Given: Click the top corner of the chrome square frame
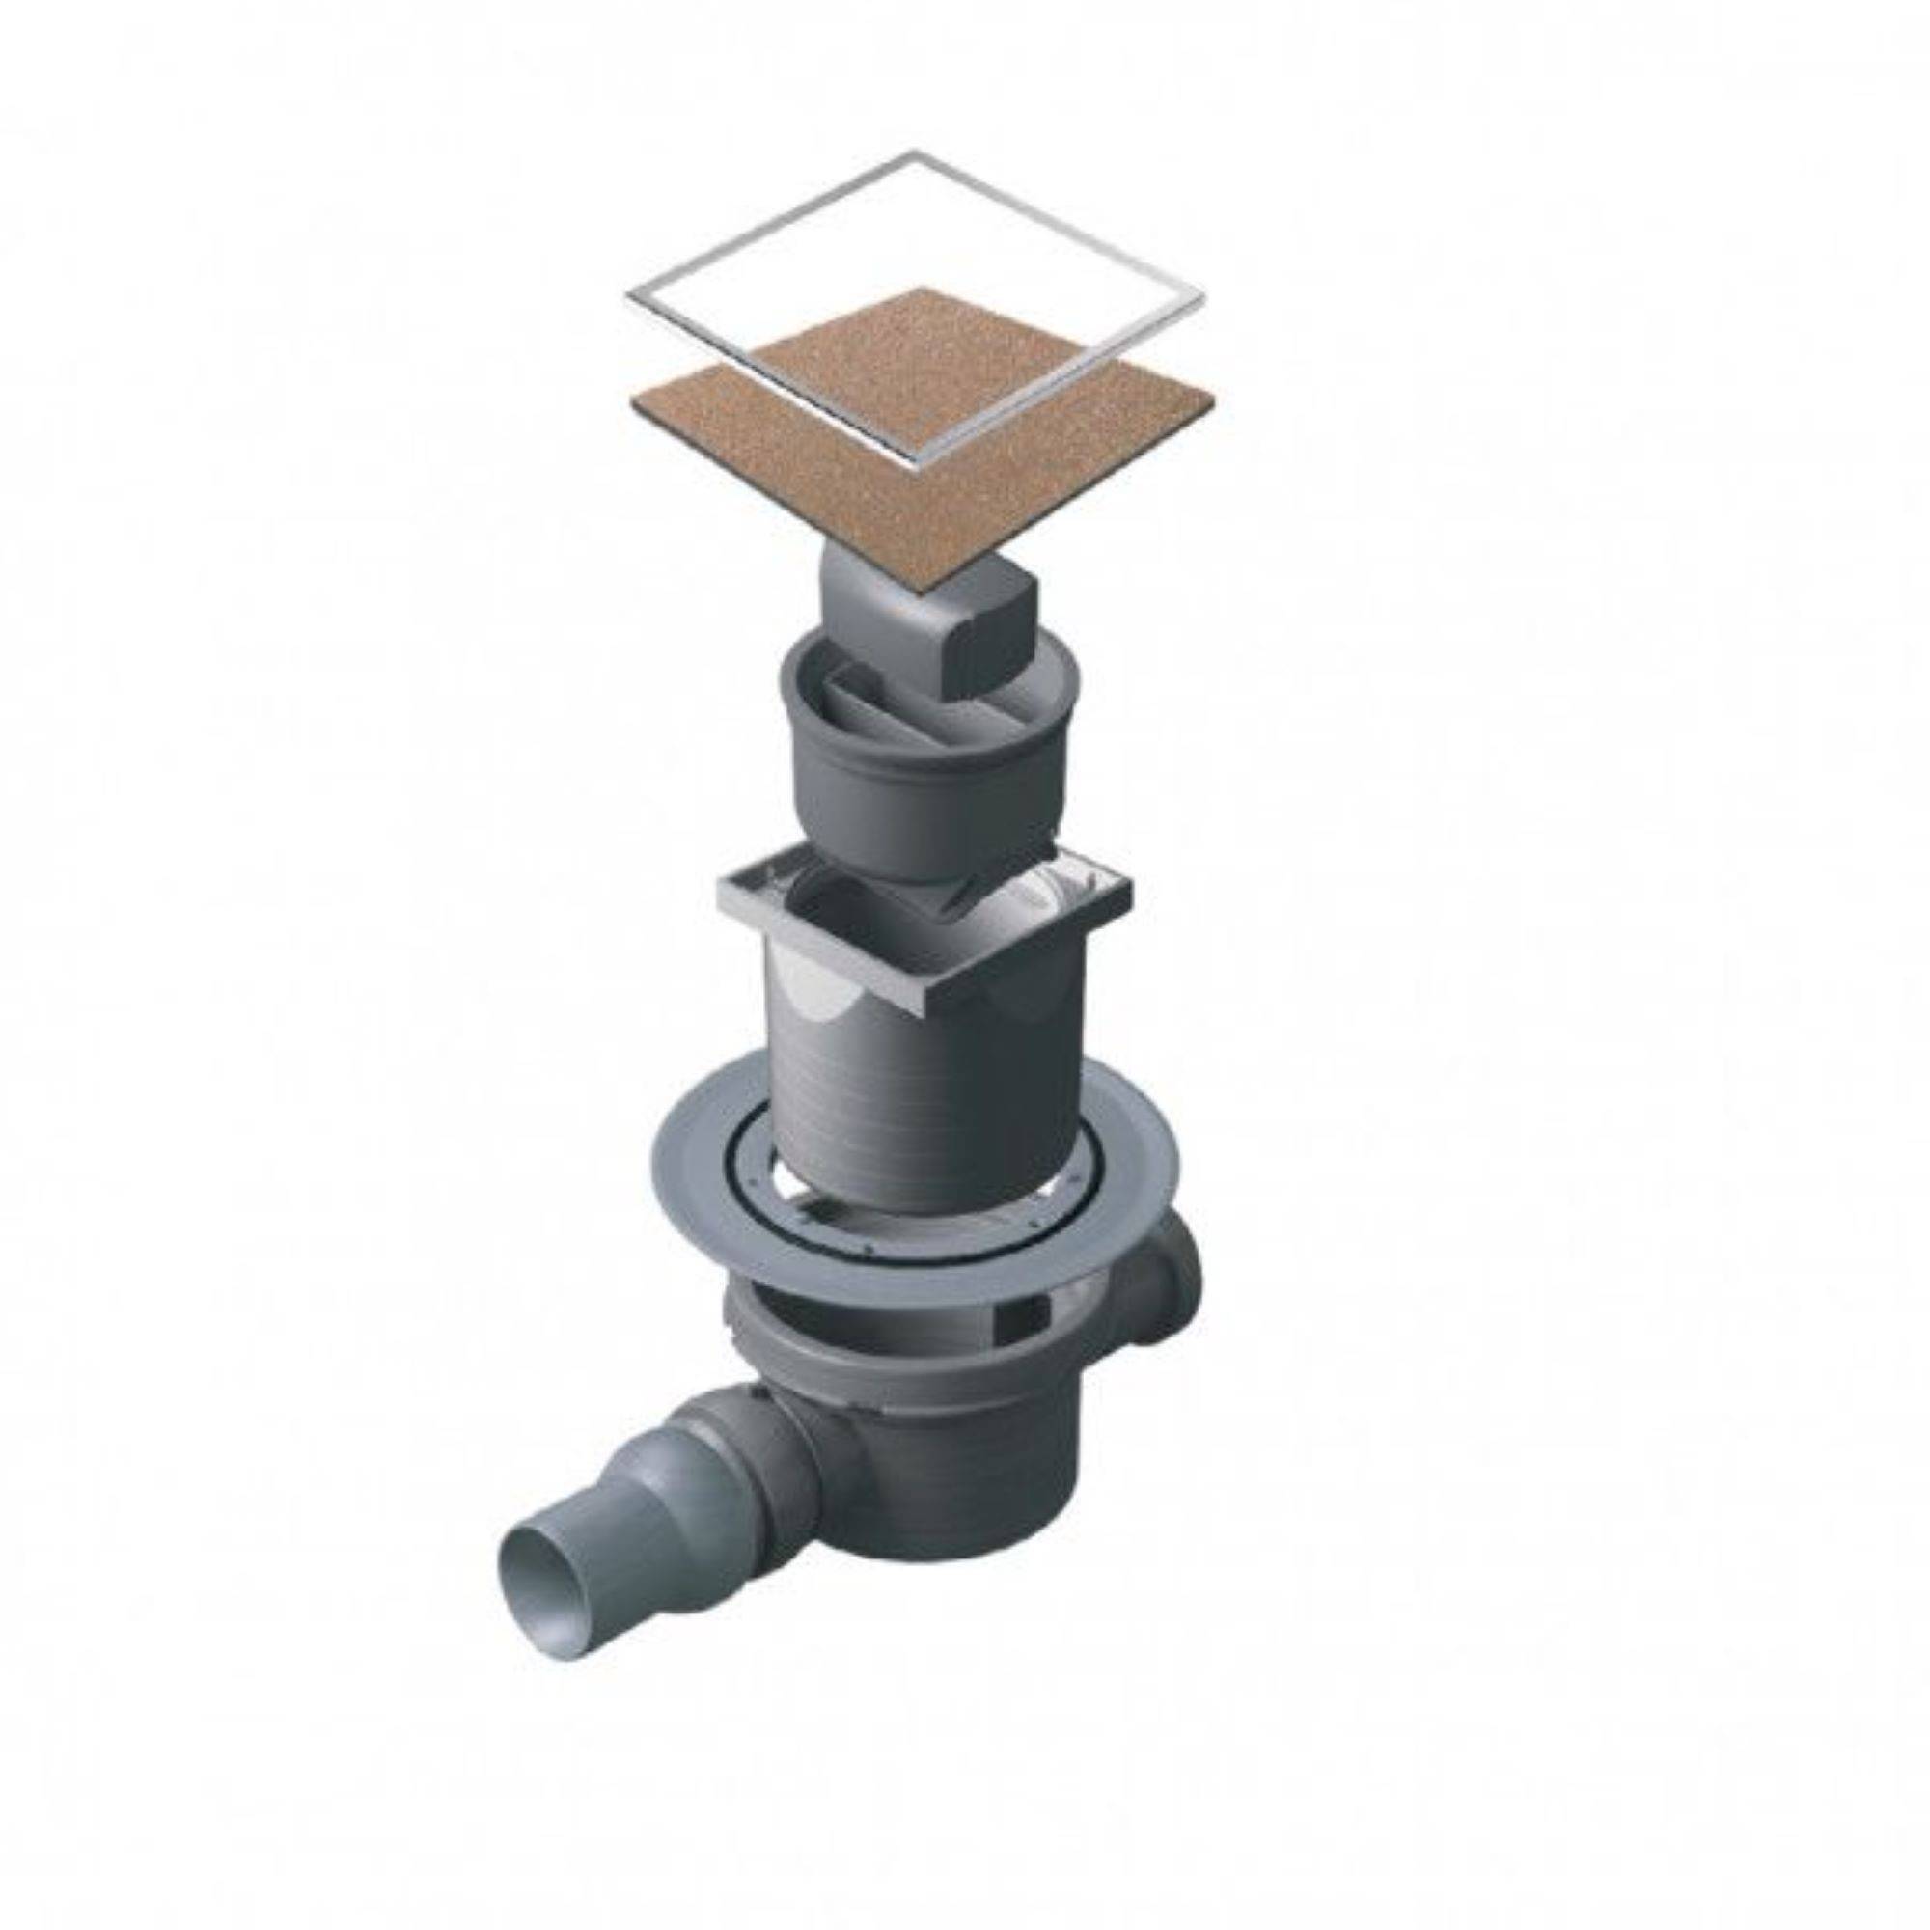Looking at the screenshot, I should (914, 152).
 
